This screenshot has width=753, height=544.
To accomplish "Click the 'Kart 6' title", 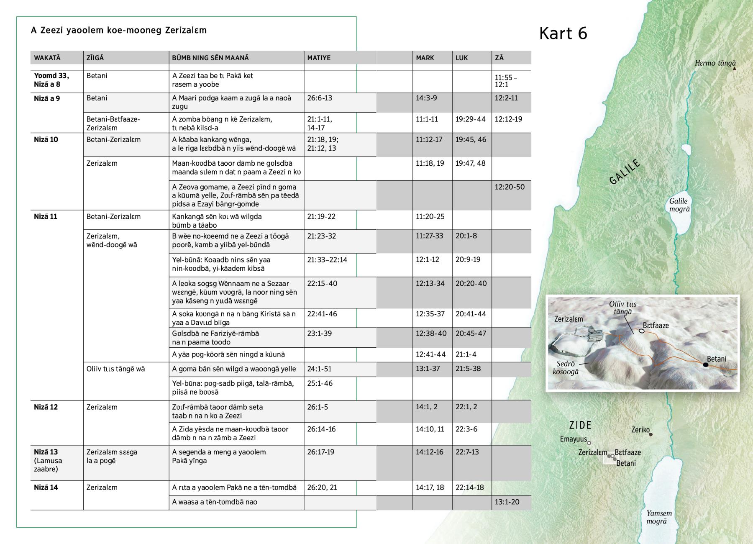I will click(x=563, y=33).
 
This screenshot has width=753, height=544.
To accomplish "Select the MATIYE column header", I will click(x=319, y=58).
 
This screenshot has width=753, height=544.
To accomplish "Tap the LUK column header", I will click(x=461, y=58).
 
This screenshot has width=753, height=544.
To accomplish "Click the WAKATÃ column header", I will click(x=47, y=58).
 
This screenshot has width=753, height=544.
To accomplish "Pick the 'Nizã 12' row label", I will click(x=46, y=407).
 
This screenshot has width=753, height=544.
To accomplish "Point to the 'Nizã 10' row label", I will click(x=46, y=140).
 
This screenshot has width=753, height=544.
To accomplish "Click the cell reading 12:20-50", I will click(x=509, y=187).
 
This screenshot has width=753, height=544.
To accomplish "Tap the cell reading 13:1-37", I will click(x=428, y=369).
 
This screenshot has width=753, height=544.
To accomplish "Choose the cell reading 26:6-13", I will click(x=319, y=98).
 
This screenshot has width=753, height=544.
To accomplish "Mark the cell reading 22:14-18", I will click(x=469, y=488).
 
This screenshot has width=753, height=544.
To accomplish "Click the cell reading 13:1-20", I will click(x=507, y=502).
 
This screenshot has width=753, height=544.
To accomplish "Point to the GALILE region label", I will click(x=625, y=172).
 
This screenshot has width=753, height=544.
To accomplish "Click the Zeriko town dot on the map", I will click(x=651, y=434).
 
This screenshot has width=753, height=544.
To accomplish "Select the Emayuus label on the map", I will click(x=573, y=439).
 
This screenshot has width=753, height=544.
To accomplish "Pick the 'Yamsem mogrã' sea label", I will click(x=659, y=517).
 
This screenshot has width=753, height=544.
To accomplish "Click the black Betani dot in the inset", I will click(x=705, y=365).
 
